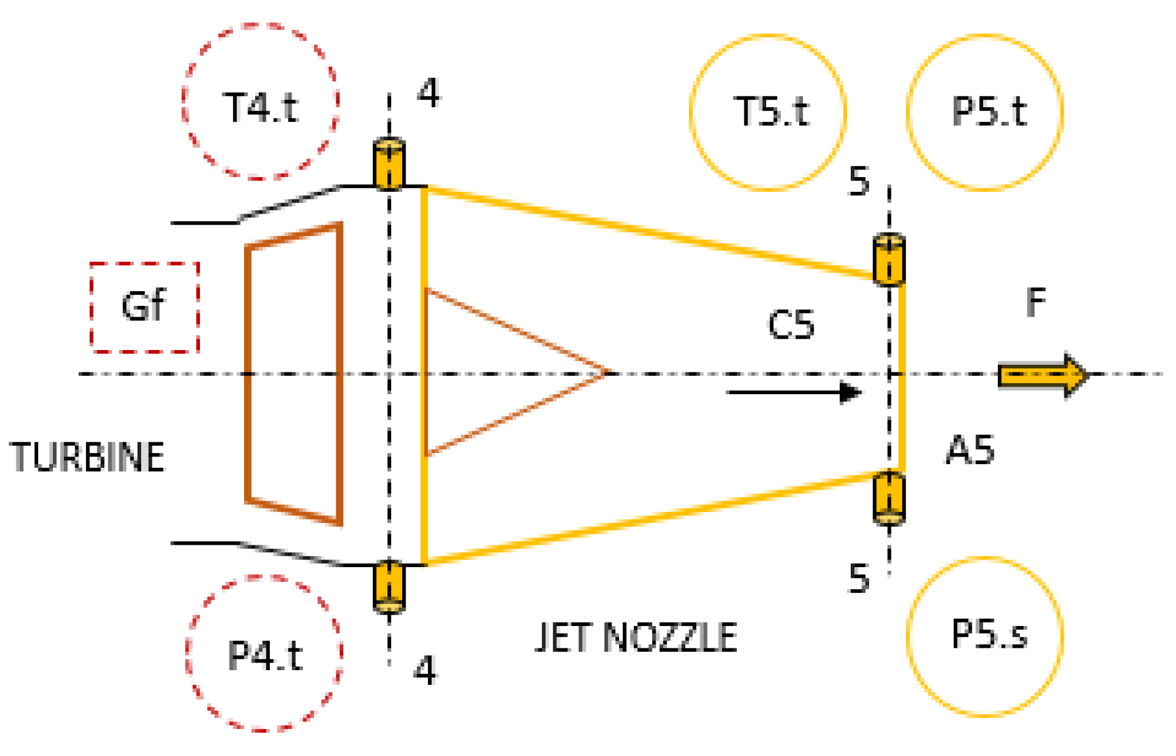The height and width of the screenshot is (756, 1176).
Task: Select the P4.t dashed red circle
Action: coord(264,654)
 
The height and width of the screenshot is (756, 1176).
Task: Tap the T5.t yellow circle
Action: coord(768,112)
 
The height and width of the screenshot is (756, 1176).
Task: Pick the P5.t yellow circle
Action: coord(985,112)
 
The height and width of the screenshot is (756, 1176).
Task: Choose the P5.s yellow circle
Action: coord(985,637)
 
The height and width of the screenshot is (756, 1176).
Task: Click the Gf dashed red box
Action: coord(145,307)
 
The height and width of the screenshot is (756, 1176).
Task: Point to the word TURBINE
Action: coord(88,457)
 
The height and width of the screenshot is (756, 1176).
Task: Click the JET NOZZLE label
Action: coord(637,637)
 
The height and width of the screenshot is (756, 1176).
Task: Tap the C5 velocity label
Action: coord(791,325)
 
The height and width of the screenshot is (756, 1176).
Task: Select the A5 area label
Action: coord(970,451)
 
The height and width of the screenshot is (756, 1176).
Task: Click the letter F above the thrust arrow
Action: coord(1036,302)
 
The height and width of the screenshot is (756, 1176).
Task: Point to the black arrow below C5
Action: coord(794,392)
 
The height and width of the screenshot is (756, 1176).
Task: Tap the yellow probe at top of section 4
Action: coord(389,164)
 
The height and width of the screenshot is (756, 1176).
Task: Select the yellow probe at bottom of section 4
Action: coord(389,587)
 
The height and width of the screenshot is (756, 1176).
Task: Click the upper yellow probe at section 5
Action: coord(888,259)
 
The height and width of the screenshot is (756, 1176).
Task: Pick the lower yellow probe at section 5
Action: coord(888,498)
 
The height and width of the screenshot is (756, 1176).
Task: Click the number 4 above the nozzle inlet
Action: coord(429,93)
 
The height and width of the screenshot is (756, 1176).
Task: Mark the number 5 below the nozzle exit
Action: coord(859,578)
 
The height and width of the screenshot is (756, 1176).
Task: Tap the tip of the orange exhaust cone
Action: coord(606,372)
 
